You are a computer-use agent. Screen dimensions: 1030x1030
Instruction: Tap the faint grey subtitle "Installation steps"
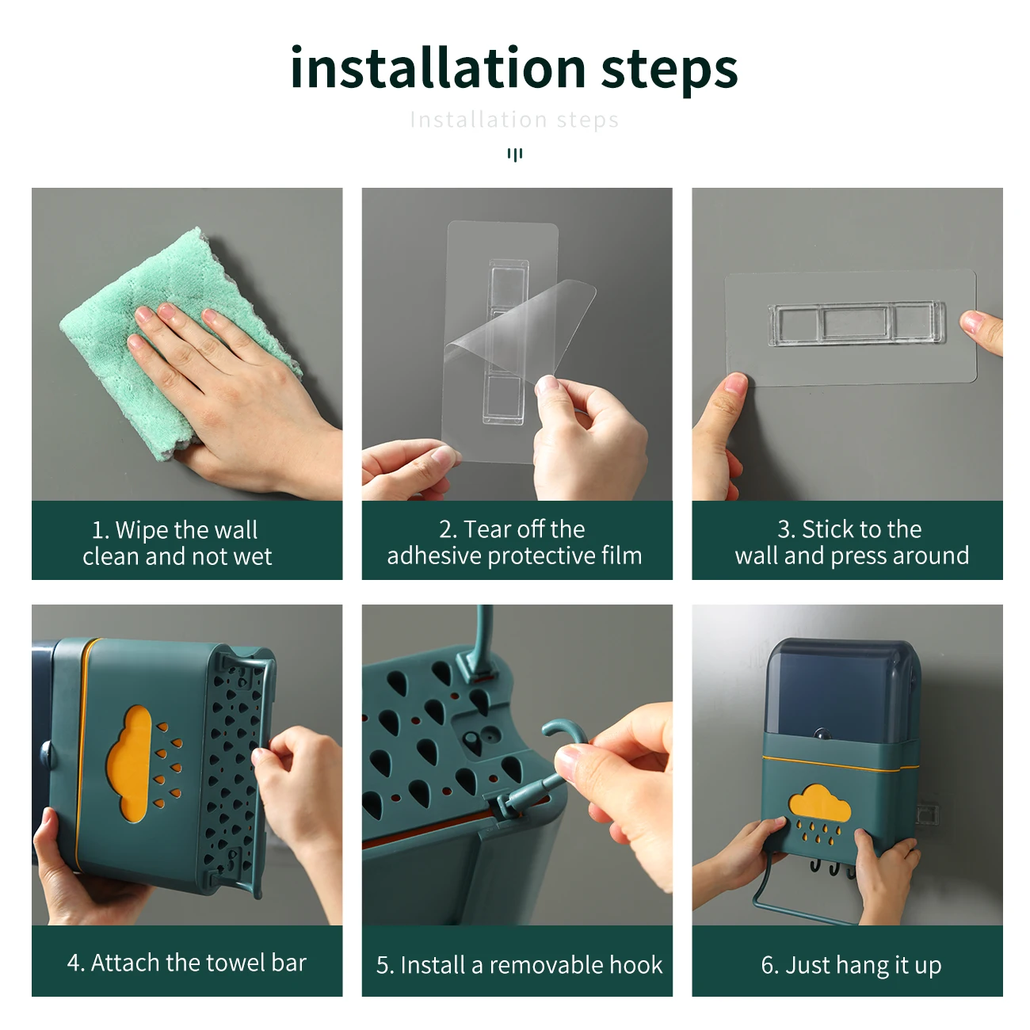tap(514, 120)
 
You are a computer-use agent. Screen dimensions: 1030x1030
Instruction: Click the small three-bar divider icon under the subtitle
tap(515, 155)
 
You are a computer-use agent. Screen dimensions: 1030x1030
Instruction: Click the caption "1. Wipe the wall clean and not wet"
tap(177, 543)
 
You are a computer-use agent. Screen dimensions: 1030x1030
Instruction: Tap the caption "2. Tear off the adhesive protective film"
tap(514, 542)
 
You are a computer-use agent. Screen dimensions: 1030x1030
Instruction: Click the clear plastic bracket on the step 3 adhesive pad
tap(856, 323)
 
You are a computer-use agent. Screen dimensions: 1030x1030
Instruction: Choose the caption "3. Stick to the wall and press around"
tap(852, 542)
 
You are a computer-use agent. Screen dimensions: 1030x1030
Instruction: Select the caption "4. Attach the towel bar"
tap(186, 963)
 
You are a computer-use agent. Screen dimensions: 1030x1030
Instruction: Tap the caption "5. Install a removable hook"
tap(519, 965)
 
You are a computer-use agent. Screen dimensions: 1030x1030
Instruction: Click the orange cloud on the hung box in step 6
tap(819, 803)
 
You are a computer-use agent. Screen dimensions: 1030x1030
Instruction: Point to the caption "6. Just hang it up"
tap(851, 965)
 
